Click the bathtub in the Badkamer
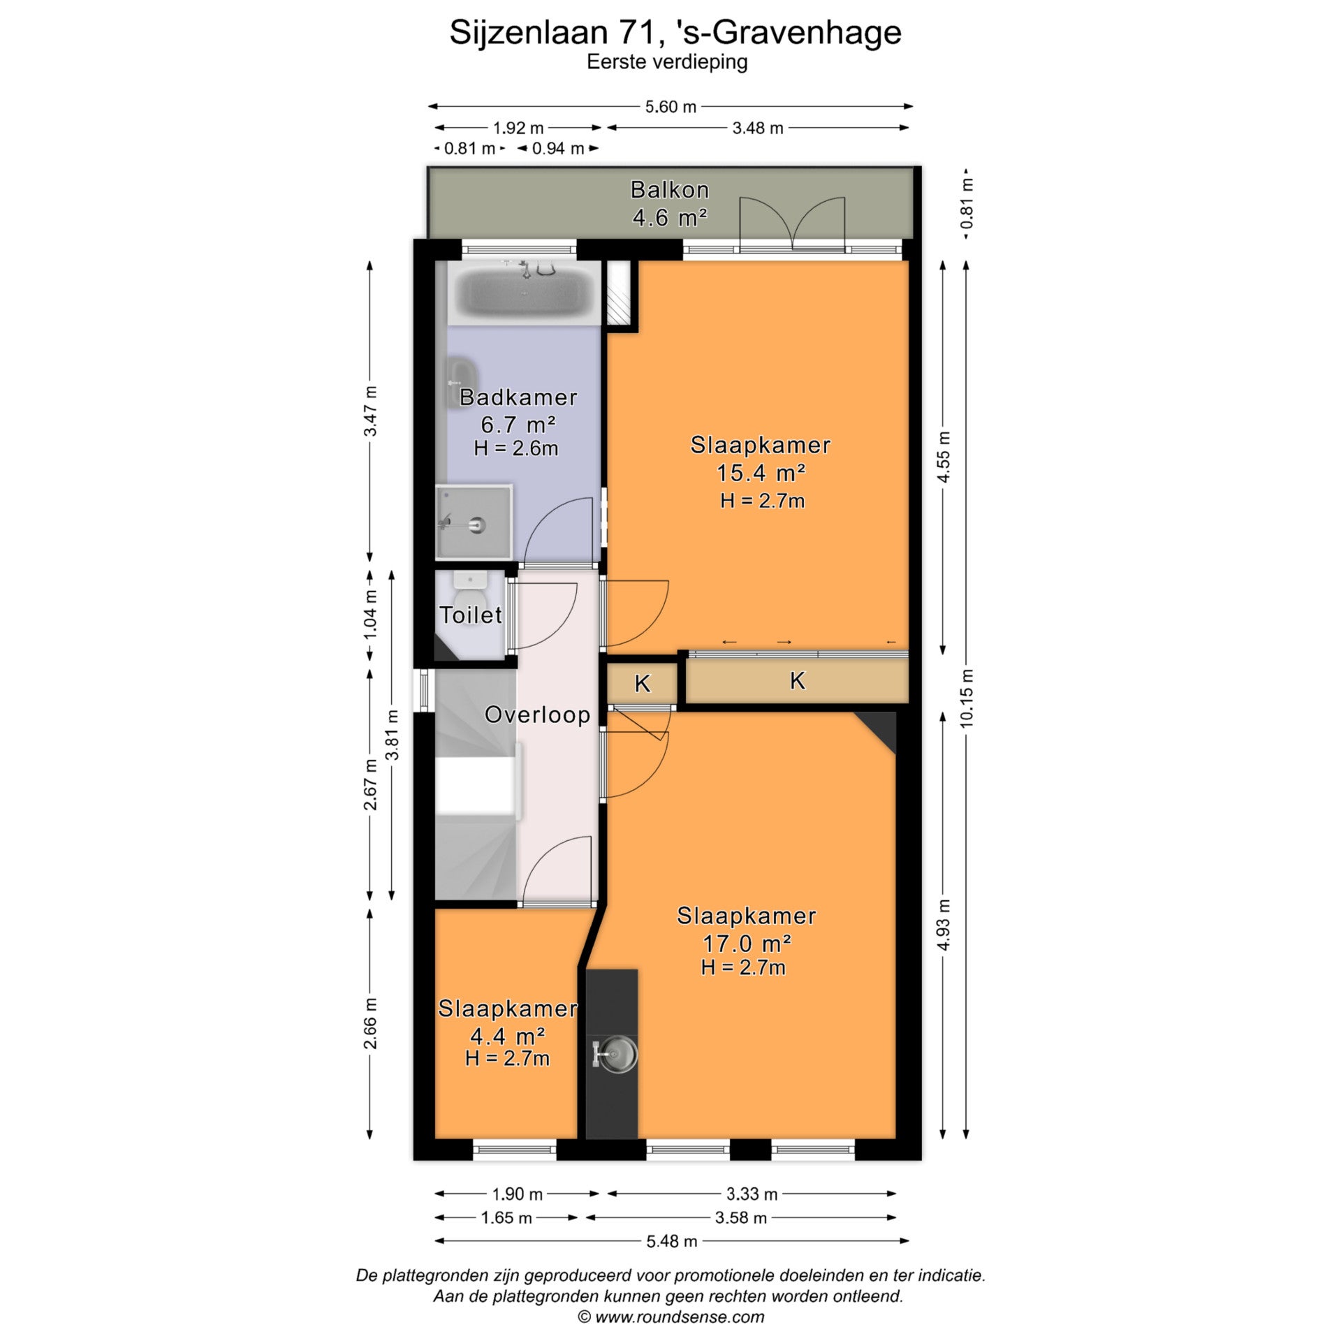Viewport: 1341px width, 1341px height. pos(525,293)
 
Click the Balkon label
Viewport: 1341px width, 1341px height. pos(670,190)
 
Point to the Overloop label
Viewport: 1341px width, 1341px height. pos(537,715)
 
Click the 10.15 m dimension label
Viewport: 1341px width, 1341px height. pos(967,698)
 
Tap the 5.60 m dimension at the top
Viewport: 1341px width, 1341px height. pos(670,107)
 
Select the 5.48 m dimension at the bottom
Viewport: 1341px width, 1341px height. pos(671,1241)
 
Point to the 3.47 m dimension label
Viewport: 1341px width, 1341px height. pos(370,411)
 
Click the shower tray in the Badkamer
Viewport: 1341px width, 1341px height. pos(474,522)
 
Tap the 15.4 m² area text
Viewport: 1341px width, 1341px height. pos(761,474)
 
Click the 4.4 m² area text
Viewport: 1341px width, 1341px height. pos(507,1036)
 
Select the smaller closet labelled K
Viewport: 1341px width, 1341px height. pos(641,683)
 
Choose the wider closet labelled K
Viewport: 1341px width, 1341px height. pos(797,681)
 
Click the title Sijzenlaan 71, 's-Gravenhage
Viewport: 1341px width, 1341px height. pos(675,33)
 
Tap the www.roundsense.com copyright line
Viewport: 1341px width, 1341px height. pos(670,1317)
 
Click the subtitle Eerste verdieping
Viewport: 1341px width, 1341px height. pos(667,63)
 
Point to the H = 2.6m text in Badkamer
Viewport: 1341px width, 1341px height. pos(516,448)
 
